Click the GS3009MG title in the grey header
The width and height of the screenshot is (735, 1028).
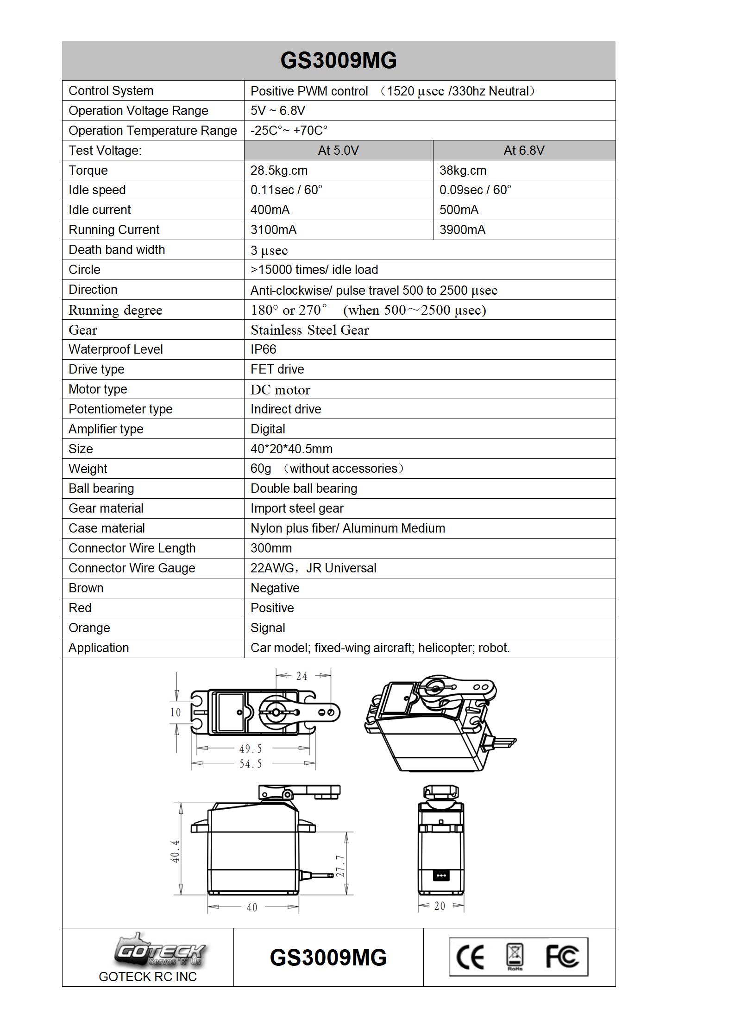pyautogui.click(x=339, y=61)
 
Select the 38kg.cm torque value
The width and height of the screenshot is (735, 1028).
pyautogui.click(x=463, y=171)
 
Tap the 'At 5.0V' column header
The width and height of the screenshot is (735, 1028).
pyautogui.click(x=338, y=151)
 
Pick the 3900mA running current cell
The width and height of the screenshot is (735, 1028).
pyautogui.click(x=462, y=230)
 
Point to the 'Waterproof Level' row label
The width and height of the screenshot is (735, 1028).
pyautogui.click(x=116, y=349)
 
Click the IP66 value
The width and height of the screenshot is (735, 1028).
pyautogui.click(x=263, y=349)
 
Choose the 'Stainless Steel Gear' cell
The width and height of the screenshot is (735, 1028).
pyautogui.click(x=309, y=330)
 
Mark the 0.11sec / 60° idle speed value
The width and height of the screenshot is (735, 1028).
pyautogui.click(x=286, y=190)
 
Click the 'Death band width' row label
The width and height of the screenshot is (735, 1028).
pyautogui.click(x=117, y=250)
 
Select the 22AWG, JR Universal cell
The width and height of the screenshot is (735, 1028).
pyautogui.click(x=313, y=568)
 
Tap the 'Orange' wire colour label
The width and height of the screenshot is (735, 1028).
pyautogui.click(x=89, y=628)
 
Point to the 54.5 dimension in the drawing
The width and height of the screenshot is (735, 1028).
pyautogui.click(x=251, y=764)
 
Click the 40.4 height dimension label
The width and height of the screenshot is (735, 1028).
pyautogui.click(x=175, y=851)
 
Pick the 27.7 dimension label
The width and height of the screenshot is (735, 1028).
pyautogui.click(x=340, y=866)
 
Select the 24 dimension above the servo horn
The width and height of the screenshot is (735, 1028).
pyautogui.click(x=302, y=676)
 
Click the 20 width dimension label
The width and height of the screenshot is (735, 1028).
pyautogui.click(x=440, y=906)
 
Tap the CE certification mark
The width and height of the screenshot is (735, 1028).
pyautogui.click(x=470, y=957)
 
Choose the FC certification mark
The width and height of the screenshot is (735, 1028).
pyautogui.click(x=562, y=957)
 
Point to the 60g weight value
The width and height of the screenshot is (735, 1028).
pyautogui.click(x=261, y=469)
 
